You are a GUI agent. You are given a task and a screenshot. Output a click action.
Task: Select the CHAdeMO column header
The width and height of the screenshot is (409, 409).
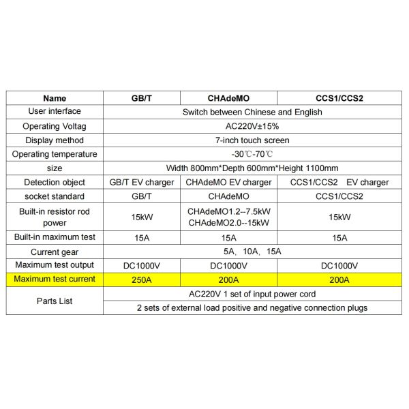pyautogui.click(x=229, y=98)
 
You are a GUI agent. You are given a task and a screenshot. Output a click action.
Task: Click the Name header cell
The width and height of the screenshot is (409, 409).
pyautogui.click(x=55, y=98)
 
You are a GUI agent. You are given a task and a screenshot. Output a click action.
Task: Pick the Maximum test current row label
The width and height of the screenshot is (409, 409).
pyautogui.click(x=55, y=279)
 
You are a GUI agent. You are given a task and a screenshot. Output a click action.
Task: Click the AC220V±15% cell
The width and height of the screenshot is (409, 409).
pyautogui.click(x=252, y=126)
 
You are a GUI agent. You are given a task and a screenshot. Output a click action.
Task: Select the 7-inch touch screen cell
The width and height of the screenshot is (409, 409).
pyautogui.click(x=252, y=140)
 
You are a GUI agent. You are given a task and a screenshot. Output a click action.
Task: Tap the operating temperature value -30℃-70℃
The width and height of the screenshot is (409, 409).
pyautogui.click(x=252, y=154)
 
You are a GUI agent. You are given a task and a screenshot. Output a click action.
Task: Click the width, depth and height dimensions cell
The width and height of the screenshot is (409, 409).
pyautogui.click(x=252, y=168)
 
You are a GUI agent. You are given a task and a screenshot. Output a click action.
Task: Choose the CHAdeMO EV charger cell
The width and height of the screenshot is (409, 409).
pyautogui.click(x=229, y=182)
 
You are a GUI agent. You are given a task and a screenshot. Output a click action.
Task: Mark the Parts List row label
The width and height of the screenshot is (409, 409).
pyautogui.click(x=55, y=301)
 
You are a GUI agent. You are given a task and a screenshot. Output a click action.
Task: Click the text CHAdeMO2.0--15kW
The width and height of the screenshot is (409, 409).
pyautogui.click(x=229, y=223)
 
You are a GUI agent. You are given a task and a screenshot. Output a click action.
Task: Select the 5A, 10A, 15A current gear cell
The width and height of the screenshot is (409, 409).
pyautogui.click(x=252, y=252)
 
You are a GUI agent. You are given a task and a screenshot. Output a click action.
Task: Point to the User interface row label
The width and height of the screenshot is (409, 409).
pyautogui.click(x=55, y=112)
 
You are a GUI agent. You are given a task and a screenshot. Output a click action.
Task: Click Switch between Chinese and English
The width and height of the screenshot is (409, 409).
pyautogui.click(x=252, y=112)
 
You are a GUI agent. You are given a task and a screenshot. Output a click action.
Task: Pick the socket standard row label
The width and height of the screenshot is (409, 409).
pyautogui.click(x=55, y=196)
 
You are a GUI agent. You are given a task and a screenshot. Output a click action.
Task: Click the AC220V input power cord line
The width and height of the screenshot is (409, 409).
pyautogui.click(x=252, y=294)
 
